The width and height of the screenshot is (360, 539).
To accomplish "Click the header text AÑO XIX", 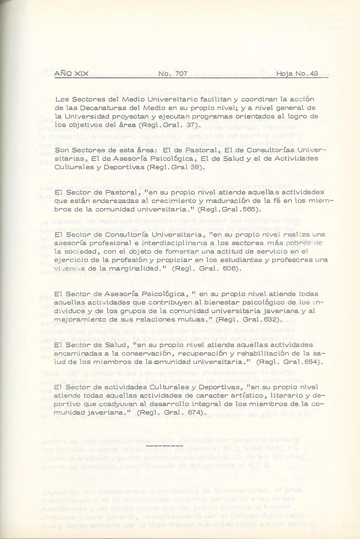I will (x=71, y=73).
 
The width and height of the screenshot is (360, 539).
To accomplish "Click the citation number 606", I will (x=231, y=269).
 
